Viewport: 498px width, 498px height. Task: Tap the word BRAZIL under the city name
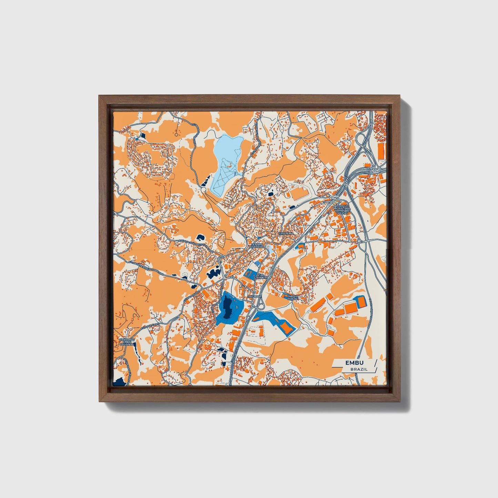tap(359, 369)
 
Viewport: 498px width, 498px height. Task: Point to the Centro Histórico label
tap(257, 246)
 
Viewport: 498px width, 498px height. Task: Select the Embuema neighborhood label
tap(286, 233)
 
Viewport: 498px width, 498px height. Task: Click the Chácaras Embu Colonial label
tap(126, 342)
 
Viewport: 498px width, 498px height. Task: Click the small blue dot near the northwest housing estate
tap(137, 139)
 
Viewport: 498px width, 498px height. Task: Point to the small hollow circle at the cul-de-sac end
tap(176, 135)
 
